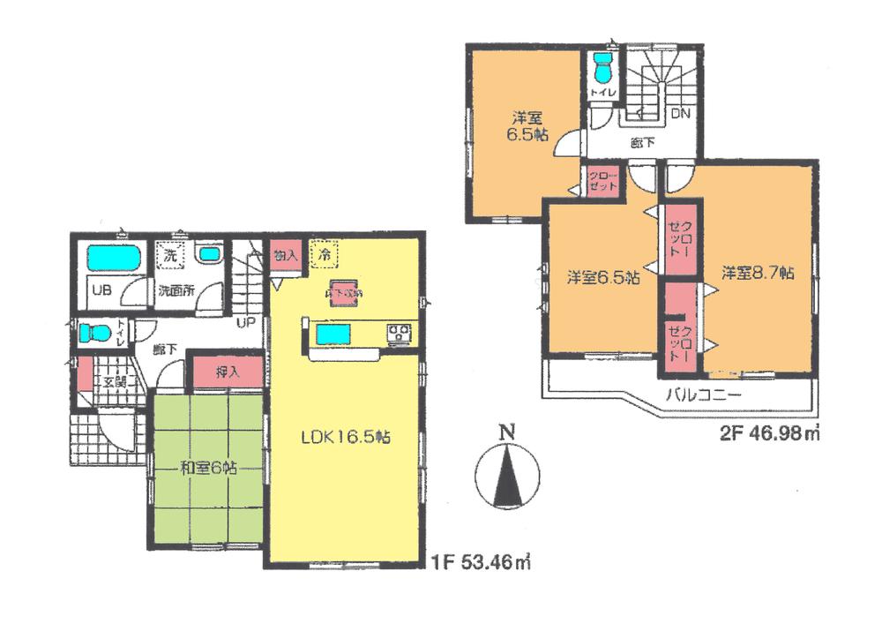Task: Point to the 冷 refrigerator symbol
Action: [325, 253]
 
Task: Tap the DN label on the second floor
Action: [680, 114]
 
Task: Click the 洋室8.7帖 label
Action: [758, 273]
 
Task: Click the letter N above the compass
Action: [505, 432]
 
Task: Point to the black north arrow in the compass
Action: [506, 477]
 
